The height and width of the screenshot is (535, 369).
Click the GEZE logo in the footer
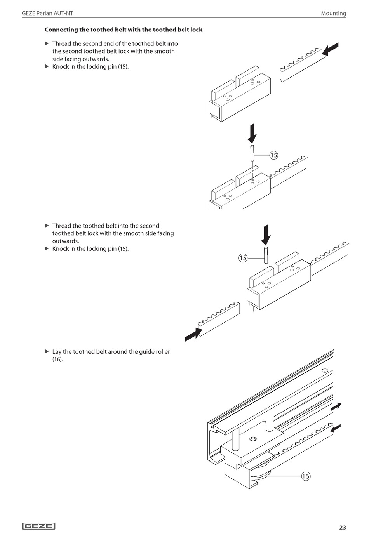point(38,526)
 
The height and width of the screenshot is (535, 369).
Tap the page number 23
point(342,527)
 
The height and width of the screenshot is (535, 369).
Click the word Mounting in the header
point(333,13)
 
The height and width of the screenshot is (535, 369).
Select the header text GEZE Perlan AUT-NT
point(47,13)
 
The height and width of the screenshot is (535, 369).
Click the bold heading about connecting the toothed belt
point(124,30)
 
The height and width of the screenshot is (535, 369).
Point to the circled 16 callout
point(306,476)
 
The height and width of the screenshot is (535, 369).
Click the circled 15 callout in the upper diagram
point(273,155)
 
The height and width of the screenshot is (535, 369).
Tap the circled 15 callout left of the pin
point(243,258)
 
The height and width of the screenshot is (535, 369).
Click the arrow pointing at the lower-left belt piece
point(193,334)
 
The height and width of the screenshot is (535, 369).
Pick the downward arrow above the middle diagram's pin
point(266,234)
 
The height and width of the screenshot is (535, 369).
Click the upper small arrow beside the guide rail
point(336,406)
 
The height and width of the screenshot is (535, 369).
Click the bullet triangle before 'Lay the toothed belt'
point(47,351)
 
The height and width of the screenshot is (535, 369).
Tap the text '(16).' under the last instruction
point(57,360)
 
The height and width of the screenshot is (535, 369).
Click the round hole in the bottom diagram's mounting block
point(253,439)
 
